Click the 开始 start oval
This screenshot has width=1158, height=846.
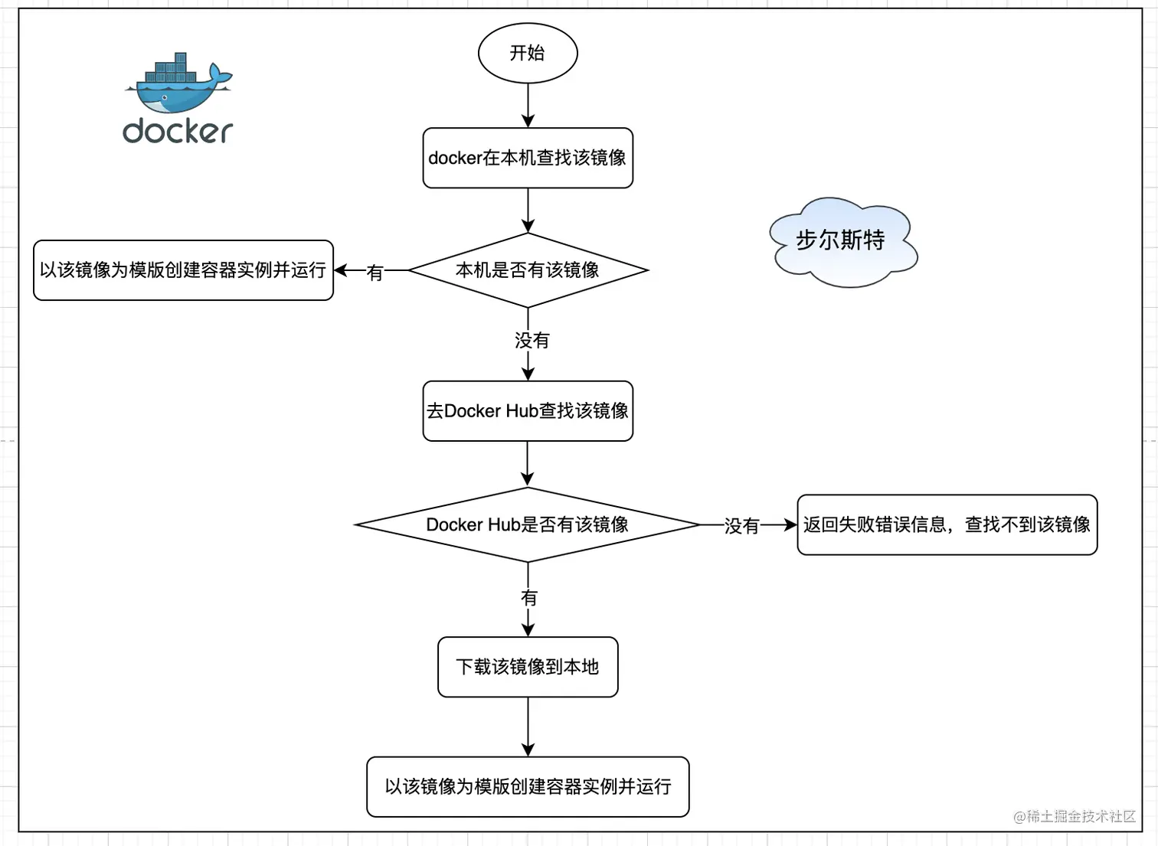[527, 53]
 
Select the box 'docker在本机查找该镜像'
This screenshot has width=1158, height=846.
[527, 158]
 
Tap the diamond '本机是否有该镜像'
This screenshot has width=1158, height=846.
[527, 270]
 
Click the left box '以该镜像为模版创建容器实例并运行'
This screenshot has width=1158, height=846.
[183, 270]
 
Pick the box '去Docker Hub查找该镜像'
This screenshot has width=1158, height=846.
[527, 411]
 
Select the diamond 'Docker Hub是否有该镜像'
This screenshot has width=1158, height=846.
[527, 524]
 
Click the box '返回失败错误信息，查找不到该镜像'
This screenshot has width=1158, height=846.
[947, 524]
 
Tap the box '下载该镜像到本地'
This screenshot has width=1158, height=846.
[527, 667]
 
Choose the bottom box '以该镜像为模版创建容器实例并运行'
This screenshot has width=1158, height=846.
[527, 786]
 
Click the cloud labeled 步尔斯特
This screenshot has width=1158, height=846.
[841, 241]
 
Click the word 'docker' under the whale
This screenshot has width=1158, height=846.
[178, 132]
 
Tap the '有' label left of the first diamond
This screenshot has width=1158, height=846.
[375, 273]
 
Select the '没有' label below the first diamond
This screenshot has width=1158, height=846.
[532, 340]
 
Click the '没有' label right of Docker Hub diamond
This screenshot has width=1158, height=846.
[741, 526]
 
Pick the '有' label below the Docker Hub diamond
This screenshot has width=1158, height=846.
[528, 597]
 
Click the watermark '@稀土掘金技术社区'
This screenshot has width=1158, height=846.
[1074, 816]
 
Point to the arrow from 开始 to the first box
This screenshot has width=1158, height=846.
[528, 105]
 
